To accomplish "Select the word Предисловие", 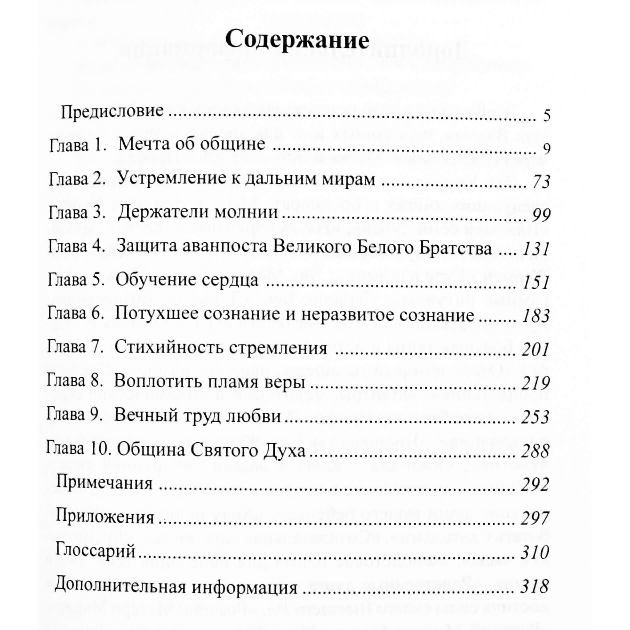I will (112, 111).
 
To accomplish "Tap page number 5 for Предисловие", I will (547, 116).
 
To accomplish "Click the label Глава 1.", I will (77, 146).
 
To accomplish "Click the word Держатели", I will (164, 212).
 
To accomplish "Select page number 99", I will (541, 216).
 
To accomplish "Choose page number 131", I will (536, 249).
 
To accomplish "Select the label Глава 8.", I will (75, 381).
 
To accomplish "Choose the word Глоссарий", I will (95, 550).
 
